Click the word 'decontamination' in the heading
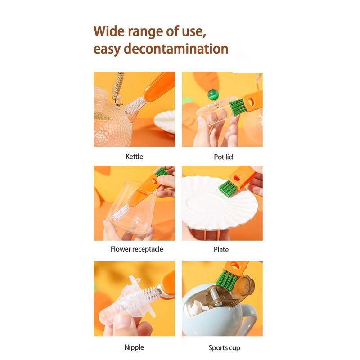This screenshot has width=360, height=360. click(x=176, y=49)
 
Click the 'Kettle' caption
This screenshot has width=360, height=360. click(x=134, y=157)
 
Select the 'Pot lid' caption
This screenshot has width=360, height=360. click(x=223, y=157)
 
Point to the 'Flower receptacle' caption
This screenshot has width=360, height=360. click(x=137, y=249)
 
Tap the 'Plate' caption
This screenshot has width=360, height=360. click(x=221, y=249)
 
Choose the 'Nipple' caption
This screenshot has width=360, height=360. click(x=134, y=347)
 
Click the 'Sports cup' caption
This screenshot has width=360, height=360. click(x=224, y=347)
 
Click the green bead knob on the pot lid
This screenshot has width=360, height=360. click(x=212, y=94)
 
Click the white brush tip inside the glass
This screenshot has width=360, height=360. click(x=120, y=212)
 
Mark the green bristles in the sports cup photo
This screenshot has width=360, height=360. click(x=227, y=279)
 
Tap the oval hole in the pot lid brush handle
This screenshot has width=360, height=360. click(x=251, y=102)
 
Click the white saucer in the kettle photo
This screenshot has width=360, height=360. click(x=164, y=121)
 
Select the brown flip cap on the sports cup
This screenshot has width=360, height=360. click(x=245, y=285)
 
